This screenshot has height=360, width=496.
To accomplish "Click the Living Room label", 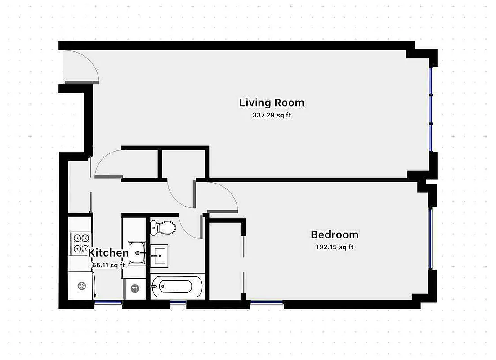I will click(x=272, y=103).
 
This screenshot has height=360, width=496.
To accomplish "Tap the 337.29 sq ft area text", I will click(x=272, y=115).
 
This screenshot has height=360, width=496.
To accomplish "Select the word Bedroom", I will click(x=335, y=234).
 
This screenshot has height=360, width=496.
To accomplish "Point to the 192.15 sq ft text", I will click(x=335, y=247).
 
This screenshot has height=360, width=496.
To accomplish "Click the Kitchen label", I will click(x=108, y=253).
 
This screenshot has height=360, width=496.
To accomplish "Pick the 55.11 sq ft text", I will click(x=108, y=265).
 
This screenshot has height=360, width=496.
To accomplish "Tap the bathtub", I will click(x=178, y=286).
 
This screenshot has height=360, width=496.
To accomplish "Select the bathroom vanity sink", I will click(x=159, y=256).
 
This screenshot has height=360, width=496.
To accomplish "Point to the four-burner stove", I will click(x=80, y=243).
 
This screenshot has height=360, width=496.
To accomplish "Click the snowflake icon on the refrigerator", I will click(x=81, y=285).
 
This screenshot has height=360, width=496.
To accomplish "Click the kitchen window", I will click(x=108, y=302).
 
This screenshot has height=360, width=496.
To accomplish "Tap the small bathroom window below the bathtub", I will click(x=178, y=302).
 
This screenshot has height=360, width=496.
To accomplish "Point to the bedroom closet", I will click(x=226, y=261).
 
